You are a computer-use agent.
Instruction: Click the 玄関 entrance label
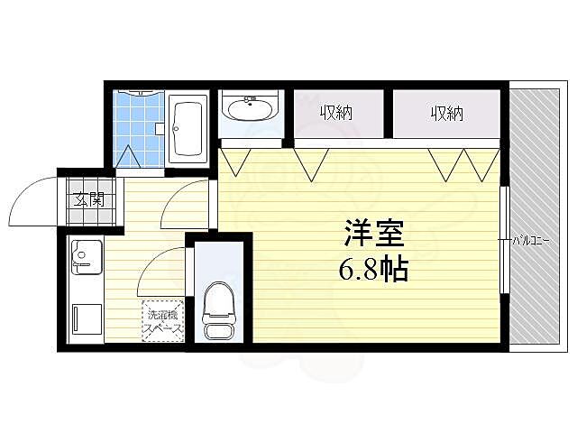[87, 199]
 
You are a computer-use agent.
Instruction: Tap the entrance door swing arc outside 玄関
[34, 200]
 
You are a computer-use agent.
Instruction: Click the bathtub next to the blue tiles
[188, 129]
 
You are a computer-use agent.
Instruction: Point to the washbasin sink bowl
[252, 111]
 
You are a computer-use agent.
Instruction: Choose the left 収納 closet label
[335, 113]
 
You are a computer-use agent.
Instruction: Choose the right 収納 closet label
[445, 113]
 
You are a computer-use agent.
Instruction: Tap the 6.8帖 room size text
[373, 269]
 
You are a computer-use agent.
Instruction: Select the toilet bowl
[219, 302]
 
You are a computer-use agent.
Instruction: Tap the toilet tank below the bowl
[219, 331]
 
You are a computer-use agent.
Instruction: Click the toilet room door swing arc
[162, 271]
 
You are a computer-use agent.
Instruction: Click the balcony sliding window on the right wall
[505, 240]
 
